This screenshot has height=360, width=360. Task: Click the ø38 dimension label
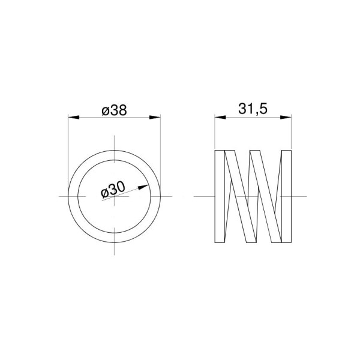tap(114, 110)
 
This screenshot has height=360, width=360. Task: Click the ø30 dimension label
tap(113, 190)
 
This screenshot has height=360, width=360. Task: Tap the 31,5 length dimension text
tap(253, 109)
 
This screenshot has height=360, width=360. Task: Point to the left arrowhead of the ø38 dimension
tap(74, 118)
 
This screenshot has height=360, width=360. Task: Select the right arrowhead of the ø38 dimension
tap(155, 118)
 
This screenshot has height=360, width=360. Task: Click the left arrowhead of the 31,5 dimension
tap(220, 118)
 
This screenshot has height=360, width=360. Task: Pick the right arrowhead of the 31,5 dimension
tap(286, 118)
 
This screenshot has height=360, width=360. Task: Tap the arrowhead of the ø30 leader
tap(143, 187)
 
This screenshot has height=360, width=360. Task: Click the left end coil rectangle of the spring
tap(220, 196)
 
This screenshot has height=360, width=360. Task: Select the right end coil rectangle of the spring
tap(286, 196)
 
